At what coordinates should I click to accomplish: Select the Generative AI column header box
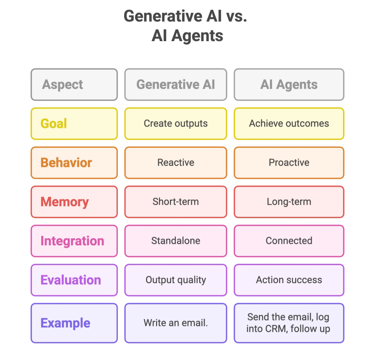tap(175, 85)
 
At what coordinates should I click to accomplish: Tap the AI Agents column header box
tap(289, 85)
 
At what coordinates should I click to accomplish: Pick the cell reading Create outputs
tap(175, 124)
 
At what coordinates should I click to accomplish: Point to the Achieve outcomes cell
tap(289, 124)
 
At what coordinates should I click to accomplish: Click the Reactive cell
tap(175, 162)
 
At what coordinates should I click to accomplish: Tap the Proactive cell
tap(289, 162)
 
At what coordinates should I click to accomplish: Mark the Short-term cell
tap(175, 202)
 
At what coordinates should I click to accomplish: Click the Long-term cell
tap(289, 202)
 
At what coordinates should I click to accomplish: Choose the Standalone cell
tap(175, 241)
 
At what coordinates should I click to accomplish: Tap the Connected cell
tap(289, 241)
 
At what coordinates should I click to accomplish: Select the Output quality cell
tap(175, 280)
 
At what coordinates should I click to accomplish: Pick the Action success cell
tap(289, 280)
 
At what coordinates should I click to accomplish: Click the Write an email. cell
tap(175, 323)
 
